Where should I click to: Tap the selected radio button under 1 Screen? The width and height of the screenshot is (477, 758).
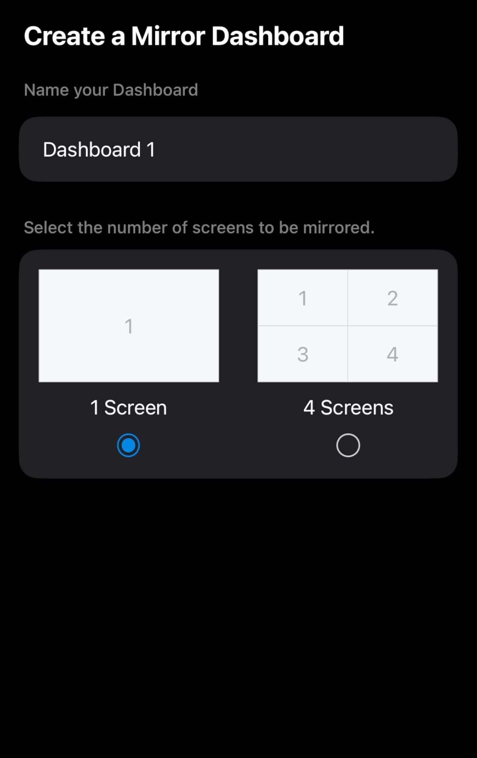(128, 445)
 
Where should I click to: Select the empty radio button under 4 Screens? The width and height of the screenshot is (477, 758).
(348, 445)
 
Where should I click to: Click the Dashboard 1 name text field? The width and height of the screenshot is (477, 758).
(238, 149)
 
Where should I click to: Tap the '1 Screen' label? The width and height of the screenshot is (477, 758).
(128, 407)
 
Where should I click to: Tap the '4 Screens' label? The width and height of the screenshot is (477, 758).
(348, 407)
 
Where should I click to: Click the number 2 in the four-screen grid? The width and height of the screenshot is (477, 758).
(392, 298)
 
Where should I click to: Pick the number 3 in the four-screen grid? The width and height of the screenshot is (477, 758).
(303, 354)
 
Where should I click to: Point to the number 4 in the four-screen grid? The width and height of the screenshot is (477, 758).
(392, 354)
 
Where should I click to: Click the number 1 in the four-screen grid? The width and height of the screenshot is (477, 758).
(303, 298)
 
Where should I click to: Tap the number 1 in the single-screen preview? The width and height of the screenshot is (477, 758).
(128, 326)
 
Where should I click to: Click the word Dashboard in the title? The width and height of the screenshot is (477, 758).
(278, 36)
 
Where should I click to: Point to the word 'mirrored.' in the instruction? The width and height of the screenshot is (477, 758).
(338, 228)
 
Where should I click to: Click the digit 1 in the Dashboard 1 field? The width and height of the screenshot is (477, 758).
(150, 150)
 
